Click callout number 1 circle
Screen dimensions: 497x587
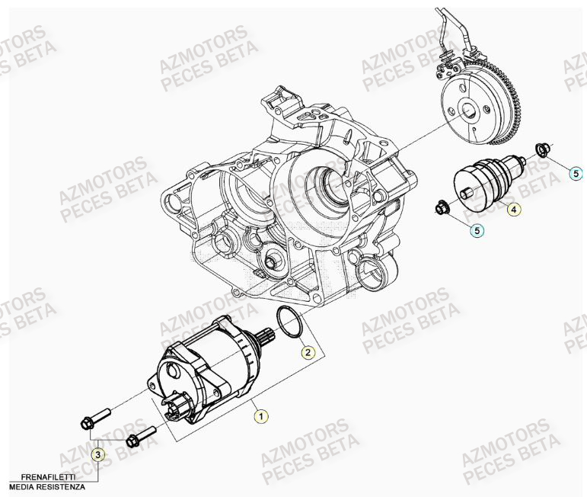261,416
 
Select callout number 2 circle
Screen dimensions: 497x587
308,352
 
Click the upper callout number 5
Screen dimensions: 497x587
576,174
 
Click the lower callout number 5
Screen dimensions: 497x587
476,229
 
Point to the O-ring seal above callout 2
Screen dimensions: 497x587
289,321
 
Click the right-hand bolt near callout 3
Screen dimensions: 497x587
141,437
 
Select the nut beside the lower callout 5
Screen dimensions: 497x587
442,205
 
